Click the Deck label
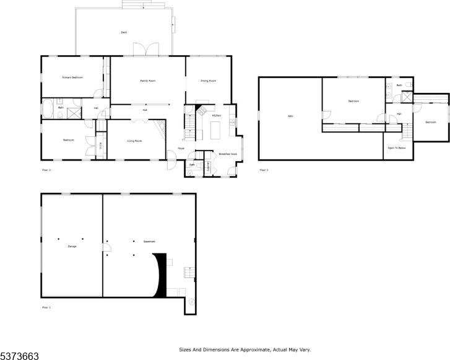point(124,32)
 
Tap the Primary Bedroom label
point(72,77)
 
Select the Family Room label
point(147,81)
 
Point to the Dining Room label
point(208,81)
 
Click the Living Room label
point(134,141)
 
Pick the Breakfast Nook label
point(224,154)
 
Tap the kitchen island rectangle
point(216,131)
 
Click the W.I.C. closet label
point(101,147)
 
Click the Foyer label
point(181,149)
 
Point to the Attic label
point(290,116)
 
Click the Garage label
point(72,247)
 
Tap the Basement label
point(149,242)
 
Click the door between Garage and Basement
point(104,247)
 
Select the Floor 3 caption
point(264,170)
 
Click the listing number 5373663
point(19,356)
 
